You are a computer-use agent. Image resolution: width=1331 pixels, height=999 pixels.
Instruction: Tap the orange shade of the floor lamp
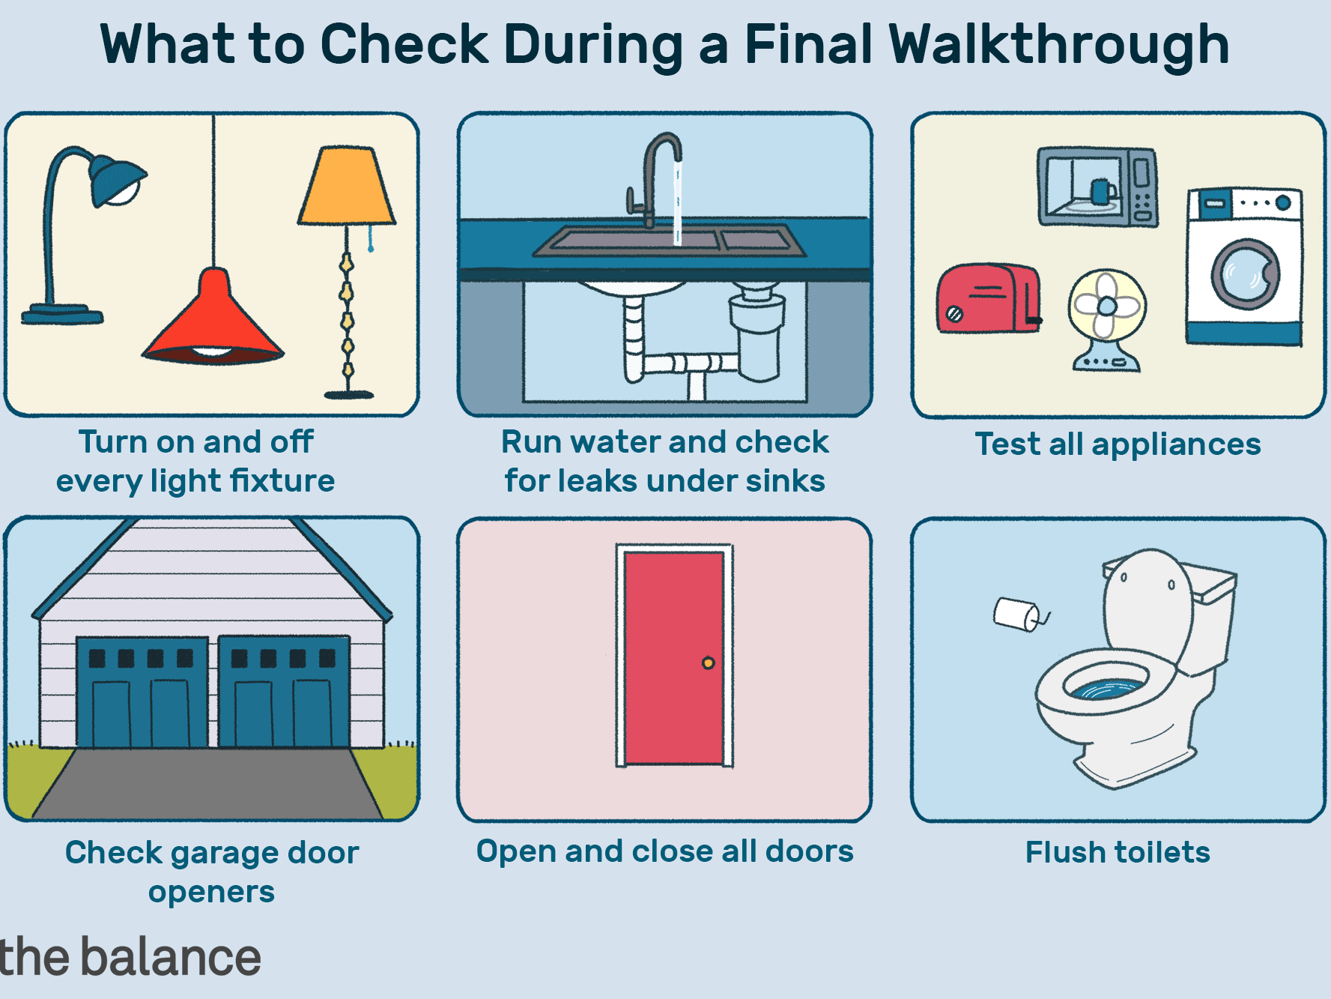click(346, 186)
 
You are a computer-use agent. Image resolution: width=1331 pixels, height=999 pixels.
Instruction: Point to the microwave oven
click(1097, 187)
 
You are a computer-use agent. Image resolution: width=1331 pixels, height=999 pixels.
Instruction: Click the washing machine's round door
click(1246, 274)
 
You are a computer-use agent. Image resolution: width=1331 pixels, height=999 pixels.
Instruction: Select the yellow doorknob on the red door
click(708, 663)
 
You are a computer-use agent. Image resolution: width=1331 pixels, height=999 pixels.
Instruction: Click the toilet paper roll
click(1019, 615)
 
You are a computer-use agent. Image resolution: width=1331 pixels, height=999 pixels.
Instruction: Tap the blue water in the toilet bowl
click(1106, 690)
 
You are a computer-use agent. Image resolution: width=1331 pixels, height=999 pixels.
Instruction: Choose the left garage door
click(142, 692)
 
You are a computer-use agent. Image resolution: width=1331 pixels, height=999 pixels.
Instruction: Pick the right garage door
click(284, 692)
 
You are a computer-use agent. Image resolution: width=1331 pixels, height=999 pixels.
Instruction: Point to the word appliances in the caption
click(1176, 445)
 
